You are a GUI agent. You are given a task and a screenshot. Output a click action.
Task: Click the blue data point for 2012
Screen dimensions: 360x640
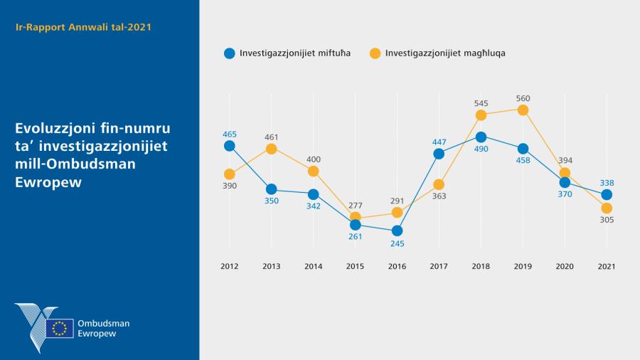229,146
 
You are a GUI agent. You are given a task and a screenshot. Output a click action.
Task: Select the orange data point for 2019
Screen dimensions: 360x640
523,110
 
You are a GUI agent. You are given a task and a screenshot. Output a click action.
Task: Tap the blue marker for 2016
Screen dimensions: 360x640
397,231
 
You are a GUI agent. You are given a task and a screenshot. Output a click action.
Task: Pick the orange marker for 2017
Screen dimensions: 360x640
439,184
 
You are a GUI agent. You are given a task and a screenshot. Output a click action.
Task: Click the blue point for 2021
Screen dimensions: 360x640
607,194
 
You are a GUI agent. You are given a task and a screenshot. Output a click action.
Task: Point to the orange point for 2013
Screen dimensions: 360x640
271,149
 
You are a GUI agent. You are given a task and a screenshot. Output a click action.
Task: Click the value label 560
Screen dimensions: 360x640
523,98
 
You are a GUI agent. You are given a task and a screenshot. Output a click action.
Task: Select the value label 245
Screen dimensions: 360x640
397,243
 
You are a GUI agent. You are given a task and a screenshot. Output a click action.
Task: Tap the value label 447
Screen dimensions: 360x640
439,142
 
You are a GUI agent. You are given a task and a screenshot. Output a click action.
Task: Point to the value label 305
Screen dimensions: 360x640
607,220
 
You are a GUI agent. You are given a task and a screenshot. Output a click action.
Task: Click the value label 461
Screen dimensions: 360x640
271,137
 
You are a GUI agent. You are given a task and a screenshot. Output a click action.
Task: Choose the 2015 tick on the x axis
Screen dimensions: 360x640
355,266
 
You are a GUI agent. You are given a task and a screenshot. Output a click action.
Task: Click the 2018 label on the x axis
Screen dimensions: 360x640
481,266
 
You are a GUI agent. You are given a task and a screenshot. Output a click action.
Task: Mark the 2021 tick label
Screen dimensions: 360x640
607,266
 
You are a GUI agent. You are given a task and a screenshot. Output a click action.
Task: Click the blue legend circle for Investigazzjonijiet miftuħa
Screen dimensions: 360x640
229,53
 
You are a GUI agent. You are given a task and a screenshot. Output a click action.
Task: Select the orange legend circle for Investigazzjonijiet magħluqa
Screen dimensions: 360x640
375,53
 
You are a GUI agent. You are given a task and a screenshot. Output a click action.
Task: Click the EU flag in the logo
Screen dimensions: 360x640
60,328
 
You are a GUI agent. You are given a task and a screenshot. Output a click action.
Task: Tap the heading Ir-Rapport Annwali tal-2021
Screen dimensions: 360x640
83,27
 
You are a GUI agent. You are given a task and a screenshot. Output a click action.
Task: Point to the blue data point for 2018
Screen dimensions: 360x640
481,137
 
